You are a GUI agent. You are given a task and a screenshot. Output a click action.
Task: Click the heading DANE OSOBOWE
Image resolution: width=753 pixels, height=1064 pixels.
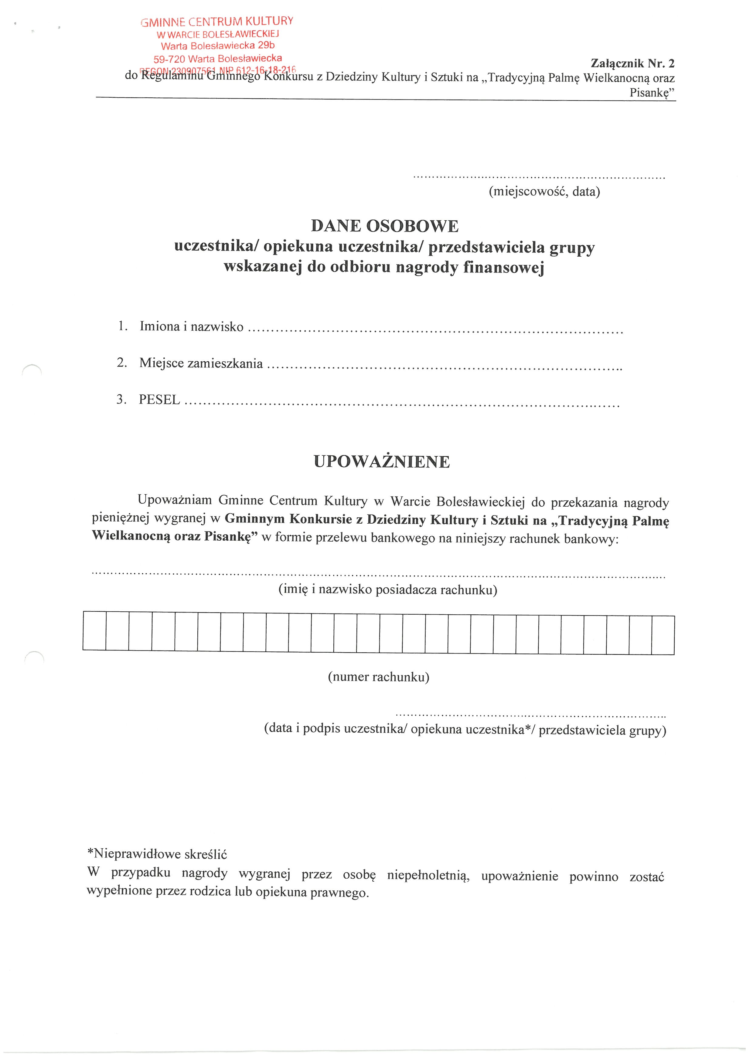(x=384, y=226)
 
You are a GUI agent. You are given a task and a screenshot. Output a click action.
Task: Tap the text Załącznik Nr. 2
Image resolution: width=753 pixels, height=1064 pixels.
(x=632, y=63)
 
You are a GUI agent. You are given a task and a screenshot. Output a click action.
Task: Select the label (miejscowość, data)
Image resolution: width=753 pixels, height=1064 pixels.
(x=544, y=191)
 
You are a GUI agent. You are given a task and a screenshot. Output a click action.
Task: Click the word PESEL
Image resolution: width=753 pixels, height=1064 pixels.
(x=159, y=400)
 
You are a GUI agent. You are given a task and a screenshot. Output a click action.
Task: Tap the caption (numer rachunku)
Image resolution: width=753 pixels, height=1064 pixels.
(x=378, y=677)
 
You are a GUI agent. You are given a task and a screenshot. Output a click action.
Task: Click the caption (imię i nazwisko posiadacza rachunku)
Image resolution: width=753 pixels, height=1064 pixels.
(x=388, y=589)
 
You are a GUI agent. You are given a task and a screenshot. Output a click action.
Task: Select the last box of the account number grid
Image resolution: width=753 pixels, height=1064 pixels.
(x=663, y=635)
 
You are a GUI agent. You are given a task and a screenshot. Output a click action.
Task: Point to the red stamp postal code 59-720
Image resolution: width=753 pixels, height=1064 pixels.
(x=169, y=59)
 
